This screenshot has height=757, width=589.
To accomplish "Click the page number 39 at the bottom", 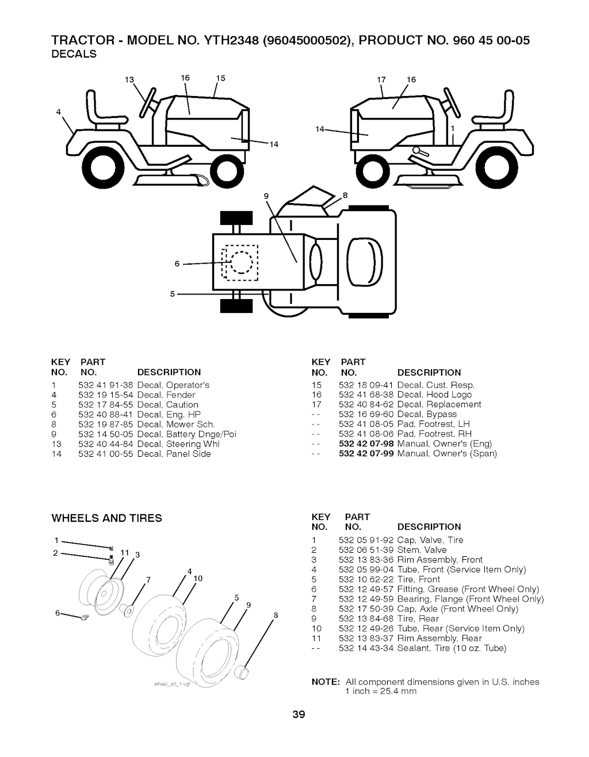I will click(299, 715).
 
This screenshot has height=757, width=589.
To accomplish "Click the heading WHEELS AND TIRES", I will click(107, 518).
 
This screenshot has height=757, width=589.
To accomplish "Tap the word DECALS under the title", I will click(74, 54).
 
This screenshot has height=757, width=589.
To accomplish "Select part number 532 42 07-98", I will click(366, 444).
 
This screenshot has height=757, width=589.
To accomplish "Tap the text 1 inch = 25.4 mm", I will click(381, 691).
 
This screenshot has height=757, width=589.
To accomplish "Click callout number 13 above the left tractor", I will click(129, 79).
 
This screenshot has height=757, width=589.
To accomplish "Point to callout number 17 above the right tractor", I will click(380, 79).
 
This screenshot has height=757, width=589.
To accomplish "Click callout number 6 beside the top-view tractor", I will click(178, 264).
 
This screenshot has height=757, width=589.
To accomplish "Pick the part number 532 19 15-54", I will click(106, 395).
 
